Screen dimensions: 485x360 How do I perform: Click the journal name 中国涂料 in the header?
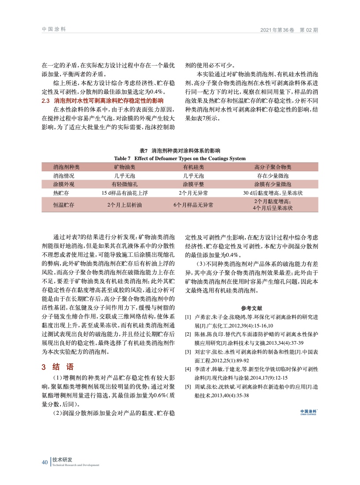click(53, 29)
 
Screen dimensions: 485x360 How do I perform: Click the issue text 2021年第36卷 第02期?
click(289, 30)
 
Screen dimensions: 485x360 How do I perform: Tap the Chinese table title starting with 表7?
click(180, 151)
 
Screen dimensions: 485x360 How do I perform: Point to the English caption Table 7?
click(180, 158)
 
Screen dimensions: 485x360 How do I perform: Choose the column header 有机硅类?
click(193, 167)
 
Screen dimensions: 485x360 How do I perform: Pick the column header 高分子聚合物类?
click(273, 167)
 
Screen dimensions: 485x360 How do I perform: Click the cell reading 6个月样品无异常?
click(193, 205)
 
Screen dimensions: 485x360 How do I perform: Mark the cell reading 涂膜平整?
click(193, 184)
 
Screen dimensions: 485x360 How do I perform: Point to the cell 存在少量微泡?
click(273, 176)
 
